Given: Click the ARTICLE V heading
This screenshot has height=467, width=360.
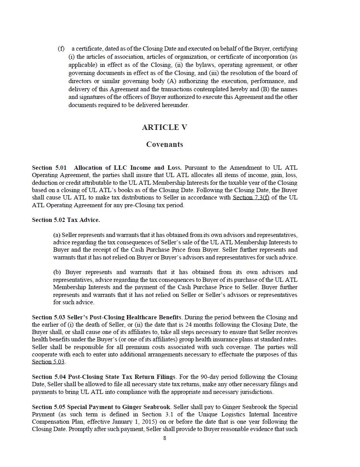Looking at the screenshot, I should point(165,128).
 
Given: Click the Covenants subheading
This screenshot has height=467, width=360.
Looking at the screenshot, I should point(165,145).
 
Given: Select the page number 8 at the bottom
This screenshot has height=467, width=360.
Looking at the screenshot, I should point(165,438).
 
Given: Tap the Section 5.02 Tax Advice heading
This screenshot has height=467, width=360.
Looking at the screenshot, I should point(66,220).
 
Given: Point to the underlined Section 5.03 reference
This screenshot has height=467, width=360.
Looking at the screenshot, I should point(48,362).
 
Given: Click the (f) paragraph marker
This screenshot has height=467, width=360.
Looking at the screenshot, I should point(61,49).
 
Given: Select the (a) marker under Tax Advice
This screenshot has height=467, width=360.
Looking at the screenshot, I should point(57,235).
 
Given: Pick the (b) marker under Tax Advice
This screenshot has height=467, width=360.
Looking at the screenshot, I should point(57,272).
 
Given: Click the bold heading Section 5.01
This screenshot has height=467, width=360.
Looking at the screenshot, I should point(49,168).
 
